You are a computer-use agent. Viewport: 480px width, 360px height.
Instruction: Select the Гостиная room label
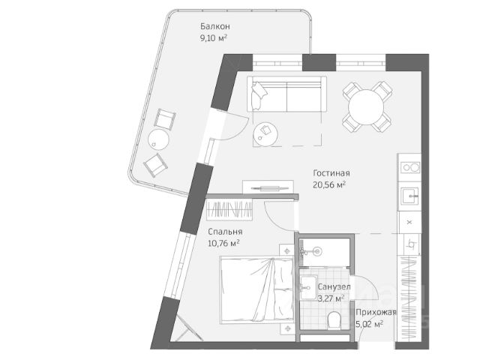331,173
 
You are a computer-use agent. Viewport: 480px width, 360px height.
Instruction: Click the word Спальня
225,232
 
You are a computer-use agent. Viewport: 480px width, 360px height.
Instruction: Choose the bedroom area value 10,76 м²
225,243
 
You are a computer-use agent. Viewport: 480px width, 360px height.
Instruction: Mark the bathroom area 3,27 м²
331,298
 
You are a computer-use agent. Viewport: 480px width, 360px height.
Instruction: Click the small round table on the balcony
157,138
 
